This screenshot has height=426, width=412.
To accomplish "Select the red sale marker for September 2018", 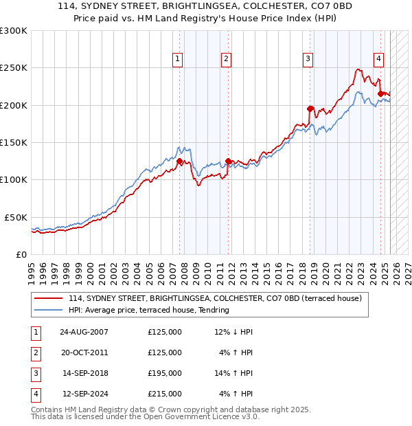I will tap(310, 108).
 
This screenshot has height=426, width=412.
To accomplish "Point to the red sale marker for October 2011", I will tap(228, 161).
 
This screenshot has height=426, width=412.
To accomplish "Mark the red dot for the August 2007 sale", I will tap(180, 161).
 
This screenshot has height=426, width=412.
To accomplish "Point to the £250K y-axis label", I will tap(14, 68).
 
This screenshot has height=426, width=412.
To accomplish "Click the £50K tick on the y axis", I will tap(16, 217).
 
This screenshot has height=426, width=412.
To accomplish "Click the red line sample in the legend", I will tap(49, 299).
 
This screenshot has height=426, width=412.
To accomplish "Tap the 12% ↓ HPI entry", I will tap(233, 332).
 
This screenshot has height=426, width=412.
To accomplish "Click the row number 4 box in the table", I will tap(34, 394).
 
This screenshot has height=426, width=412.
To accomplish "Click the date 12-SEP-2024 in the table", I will tap(84, 394).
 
